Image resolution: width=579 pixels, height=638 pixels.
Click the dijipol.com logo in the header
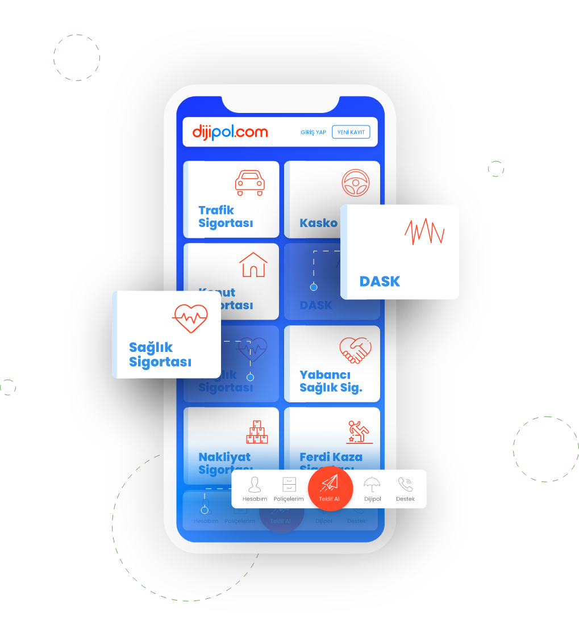coord(230,133)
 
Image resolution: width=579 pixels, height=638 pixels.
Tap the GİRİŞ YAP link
coord(313,133)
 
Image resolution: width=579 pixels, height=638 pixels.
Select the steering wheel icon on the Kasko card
coord(356,183)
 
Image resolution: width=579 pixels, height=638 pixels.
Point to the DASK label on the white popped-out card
coord(380,282)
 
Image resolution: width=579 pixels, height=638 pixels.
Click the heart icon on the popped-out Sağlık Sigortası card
coord(190,318)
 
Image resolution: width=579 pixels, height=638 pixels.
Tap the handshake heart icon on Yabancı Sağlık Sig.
coord(355,350)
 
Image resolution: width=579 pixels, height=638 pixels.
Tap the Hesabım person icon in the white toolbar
coord(255,485)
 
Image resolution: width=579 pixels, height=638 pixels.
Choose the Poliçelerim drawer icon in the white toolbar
coord(289,485)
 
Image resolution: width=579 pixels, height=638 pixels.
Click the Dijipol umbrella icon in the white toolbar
coord(372,485)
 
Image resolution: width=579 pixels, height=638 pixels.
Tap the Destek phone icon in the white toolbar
coord(405,485)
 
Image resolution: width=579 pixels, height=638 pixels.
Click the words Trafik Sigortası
coord(225,217)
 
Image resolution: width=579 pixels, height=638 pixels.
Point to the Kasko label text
coord(318,223)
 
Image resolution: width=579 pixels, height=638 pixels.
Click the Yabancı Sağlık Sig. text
coord(331,382)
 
